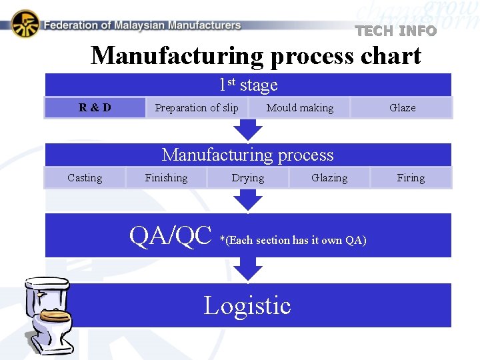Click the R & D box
95,107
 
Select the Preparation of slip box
196,107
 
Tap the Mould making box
299,107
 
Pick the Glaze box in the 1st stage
402,107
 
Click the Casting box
85,178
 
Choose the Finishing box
166,178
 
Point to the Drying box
247,178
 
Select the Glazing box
329,178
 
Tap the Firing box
411,178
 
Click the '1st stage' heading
248,85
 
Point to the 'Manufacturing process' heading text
248,155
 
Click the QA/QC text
171,236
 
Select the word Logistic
247,305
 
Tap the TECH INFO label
396,31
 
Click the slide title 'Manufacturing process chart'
256,55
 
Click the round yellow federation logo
25,25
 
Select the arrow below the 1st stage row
248,129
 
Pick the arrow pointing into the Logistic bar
248,269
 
